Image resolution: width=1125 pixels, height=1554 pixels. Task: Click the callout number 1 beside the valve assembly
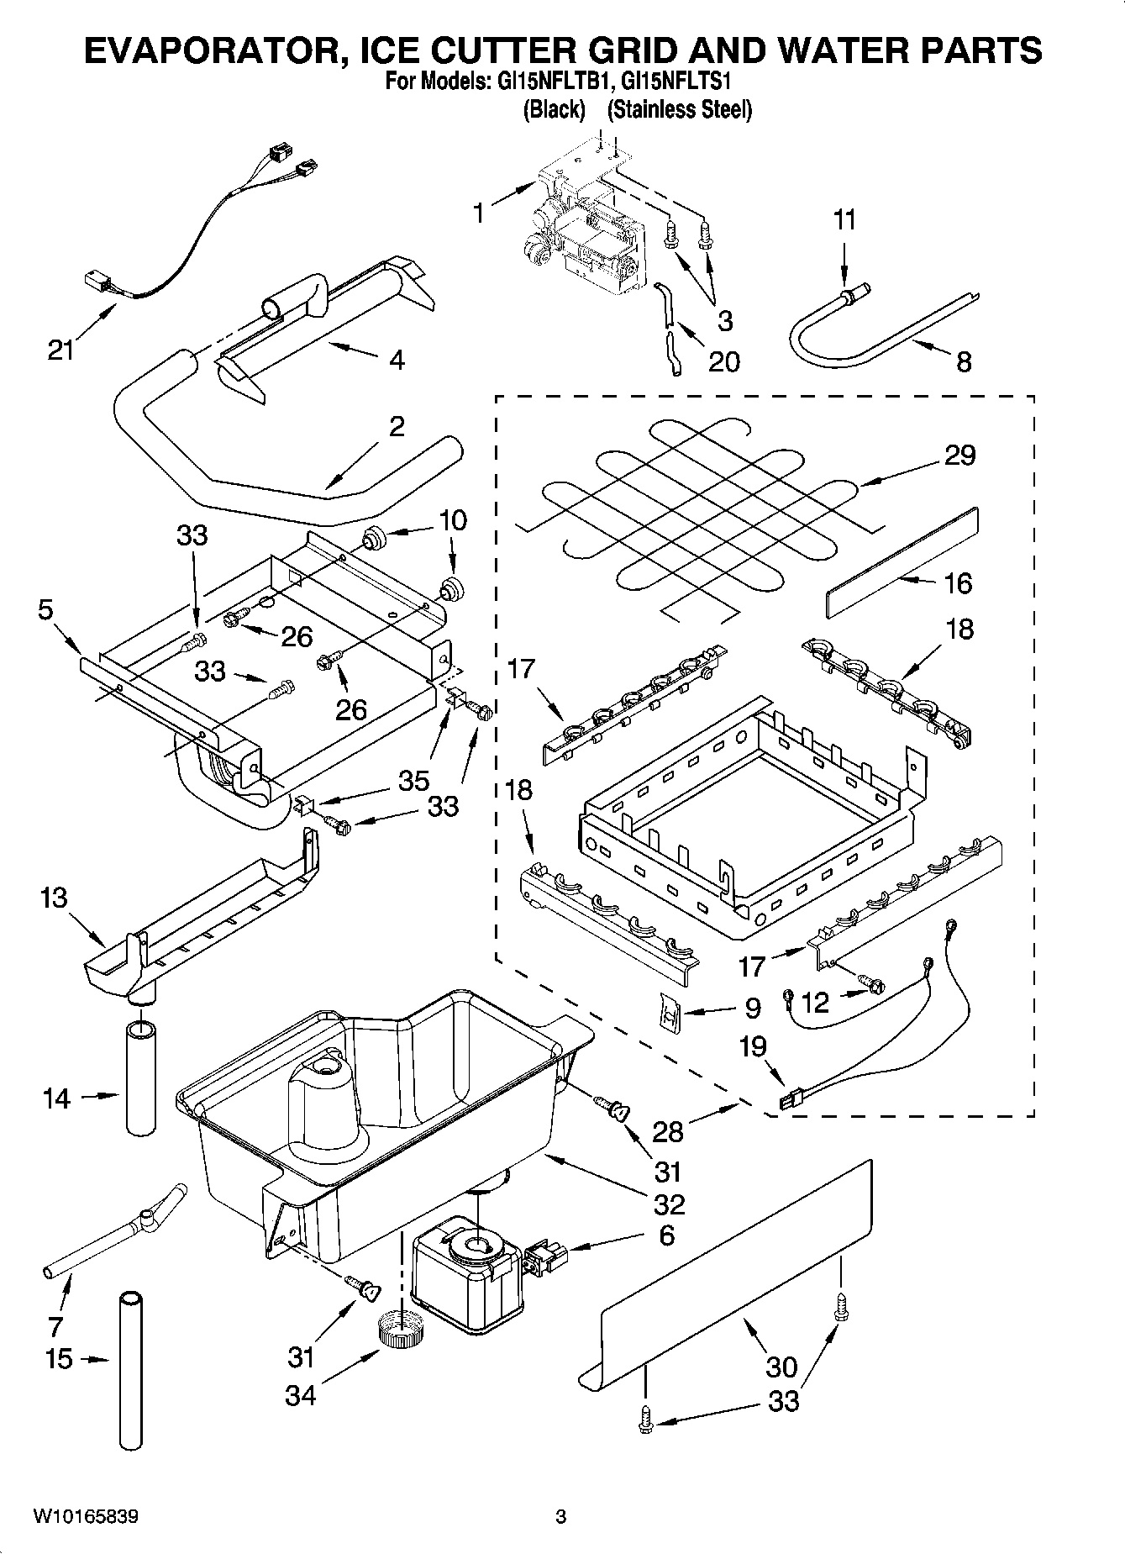pos(478,213)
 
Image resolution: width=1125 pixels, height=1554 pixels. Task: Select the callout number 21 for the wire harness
pos(60,350)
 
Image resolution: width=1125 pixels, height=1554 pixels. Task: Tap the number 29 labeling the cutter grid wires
pos(959,455)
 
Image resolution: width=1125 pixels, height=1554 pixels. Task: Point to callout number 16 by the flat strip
pos(958,582)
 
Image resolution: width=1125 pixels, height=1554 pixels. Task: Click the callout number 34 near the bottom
pos(300,1396)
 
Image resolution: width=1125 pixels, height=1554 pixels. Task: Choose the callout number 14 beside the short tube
pos(56,1098)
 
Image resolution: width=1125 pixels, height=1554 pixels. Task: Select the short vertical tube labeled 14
pos(141,1078)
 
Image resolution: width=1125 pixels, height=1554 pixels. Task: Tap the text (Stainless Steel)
pos(679,109)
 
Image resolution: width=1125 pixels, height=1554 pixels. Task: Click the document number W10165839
pos(86,1517)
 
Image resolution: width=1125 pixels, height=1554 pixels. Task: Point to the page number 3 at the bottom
pos(560,1517)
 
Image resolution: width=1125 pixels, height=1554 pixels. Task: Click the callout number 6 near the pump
pos(666,1235)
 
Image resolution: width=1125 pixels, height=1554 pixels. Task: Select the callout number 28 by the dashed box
pos(668,1131)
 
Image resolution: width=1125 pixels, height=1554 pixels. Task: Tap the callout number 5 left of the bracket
pos(46,609)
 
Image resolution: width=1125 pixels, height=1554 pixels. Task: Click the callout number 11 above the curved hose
pos(845,220)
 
